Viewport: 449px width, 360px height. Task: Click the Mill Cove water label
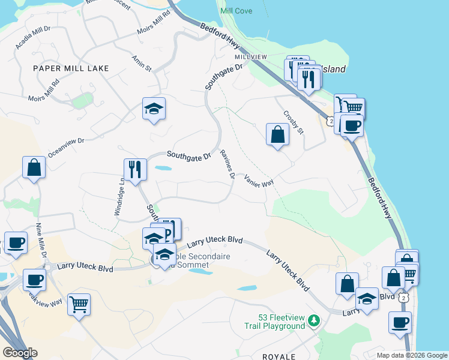236,11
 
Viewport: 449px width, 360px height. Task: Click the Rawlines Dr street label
226,164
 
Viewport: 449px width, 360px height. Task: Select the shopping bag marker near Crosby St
278,134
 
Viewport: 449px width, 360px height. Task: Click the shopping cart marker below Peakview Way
79,304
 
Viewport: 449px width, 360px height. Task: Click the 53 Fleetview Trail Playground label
282,322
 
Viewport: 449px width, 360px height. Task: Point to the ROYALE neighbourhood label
279,356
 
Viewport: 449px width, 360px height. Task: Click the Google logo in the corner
20,353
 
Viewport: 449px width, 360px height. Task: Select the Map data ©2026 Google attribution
412,355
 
